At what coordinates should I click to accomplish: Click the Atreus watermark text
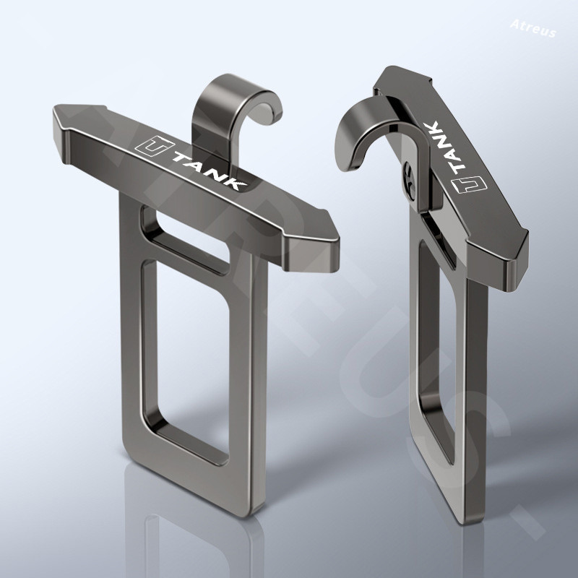point(533,28)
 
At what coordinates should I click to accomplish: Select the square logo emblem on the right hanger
point(469,184)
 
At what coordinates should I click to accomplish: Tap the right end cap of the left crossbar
point(313,243)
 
